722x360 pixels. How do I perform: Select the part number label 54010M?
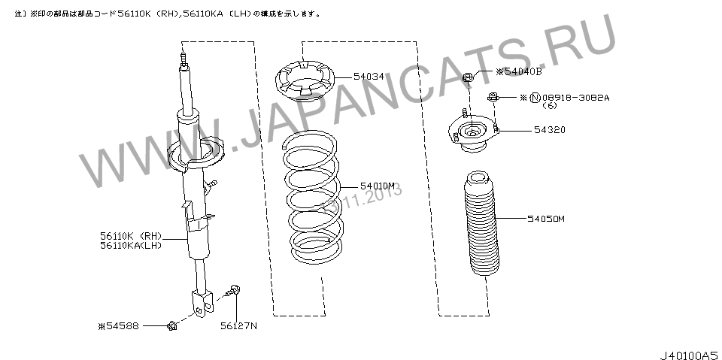(x=378, y=185)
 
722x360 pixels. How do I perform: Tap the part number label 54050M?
(x=545, y=219)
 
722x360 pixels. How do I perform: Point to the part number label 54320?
(x=550, y=130)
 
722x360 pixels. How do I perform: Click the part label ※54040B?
(x=519, y=72)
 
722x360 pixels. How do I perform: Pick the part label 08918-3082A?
(x=575, y=97)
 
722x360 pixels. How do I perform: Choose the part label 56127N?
(x=238, y=325)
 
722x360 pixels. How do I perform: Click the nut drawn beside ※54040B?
(x=468, y=75)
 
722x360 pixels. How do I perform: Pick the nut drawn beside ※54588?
(x=171, y=325)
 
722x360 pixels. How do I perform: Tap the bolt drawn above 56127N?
(x=233, y=289)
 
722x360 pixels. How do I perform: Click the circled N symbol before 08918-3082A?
(x=535, y=97)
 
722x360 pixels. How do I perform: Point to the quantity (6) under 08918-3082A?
(x=550, y=105)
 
